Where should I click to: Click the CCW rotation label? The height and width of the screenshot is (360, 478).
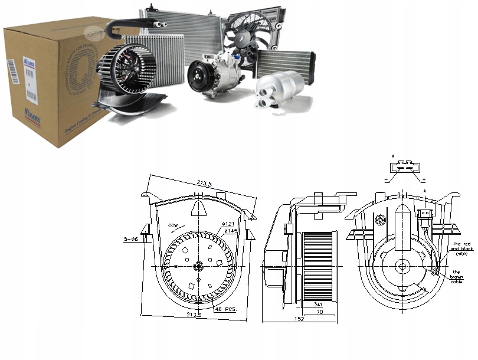coord(172,226)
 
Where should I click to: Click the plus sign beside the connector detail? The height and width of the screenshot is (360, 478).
coord(424,178)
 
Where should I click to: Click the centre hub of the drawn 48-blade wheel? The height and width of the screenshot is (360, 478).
coord(199,267)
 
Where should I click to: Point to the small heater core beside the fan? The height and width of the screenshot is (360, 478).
coord(285,63)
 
